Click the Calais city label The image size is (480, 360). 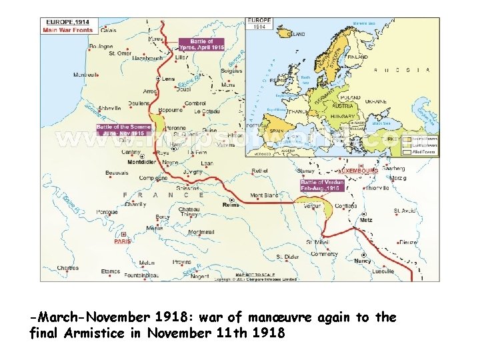(x=107, y=29)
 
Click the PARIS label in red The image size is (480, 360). (x=122, y=241)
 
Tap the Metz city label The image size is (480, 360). (x=365, y=219)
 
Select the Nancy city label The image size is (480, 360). (x=364, y=261)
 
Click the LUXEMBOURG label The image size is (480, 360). (x=357, y=171)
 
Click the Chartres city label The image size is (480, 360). (x=67, y=268)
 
